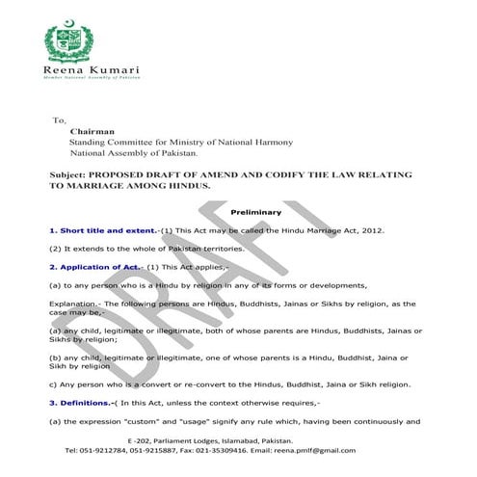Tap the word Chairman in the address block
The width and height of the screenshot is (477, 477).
tap(92, 132)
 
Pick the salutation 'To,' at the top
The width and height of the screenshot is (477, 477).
tap(59, 120)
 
